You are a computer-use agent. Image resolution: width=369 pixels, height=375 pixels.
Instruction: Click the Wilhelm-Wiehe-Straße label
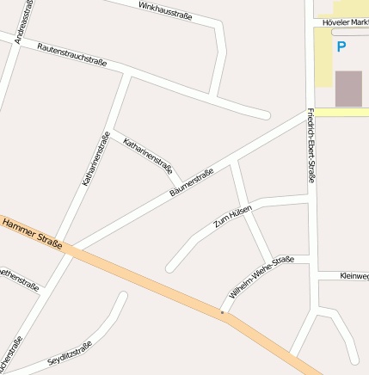pos(261,276)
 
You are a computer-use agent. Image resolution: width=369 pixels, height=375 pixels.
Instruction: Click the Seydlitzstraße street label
pos(70,353)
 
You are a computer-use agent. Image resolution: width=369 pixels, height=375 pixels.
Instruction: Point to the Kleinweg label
pos(354,276)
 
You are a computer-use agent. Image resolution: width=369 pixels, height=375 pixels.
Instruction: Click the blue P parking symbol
pos(341,47)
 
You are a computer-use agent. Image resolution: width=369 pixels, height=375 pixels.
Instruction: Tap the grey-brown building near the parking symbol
pos(348,89)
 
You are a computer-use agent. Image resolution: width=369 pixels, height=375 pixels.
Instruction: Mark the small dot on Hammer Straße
pos(222,313)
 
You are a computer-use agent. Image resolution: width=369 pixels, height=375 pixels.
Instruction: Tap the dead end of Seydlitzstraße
pos(123,297)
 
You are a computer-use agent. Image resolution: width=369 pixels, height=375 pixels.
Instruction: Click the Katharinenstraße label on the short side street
pos(148,156)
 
